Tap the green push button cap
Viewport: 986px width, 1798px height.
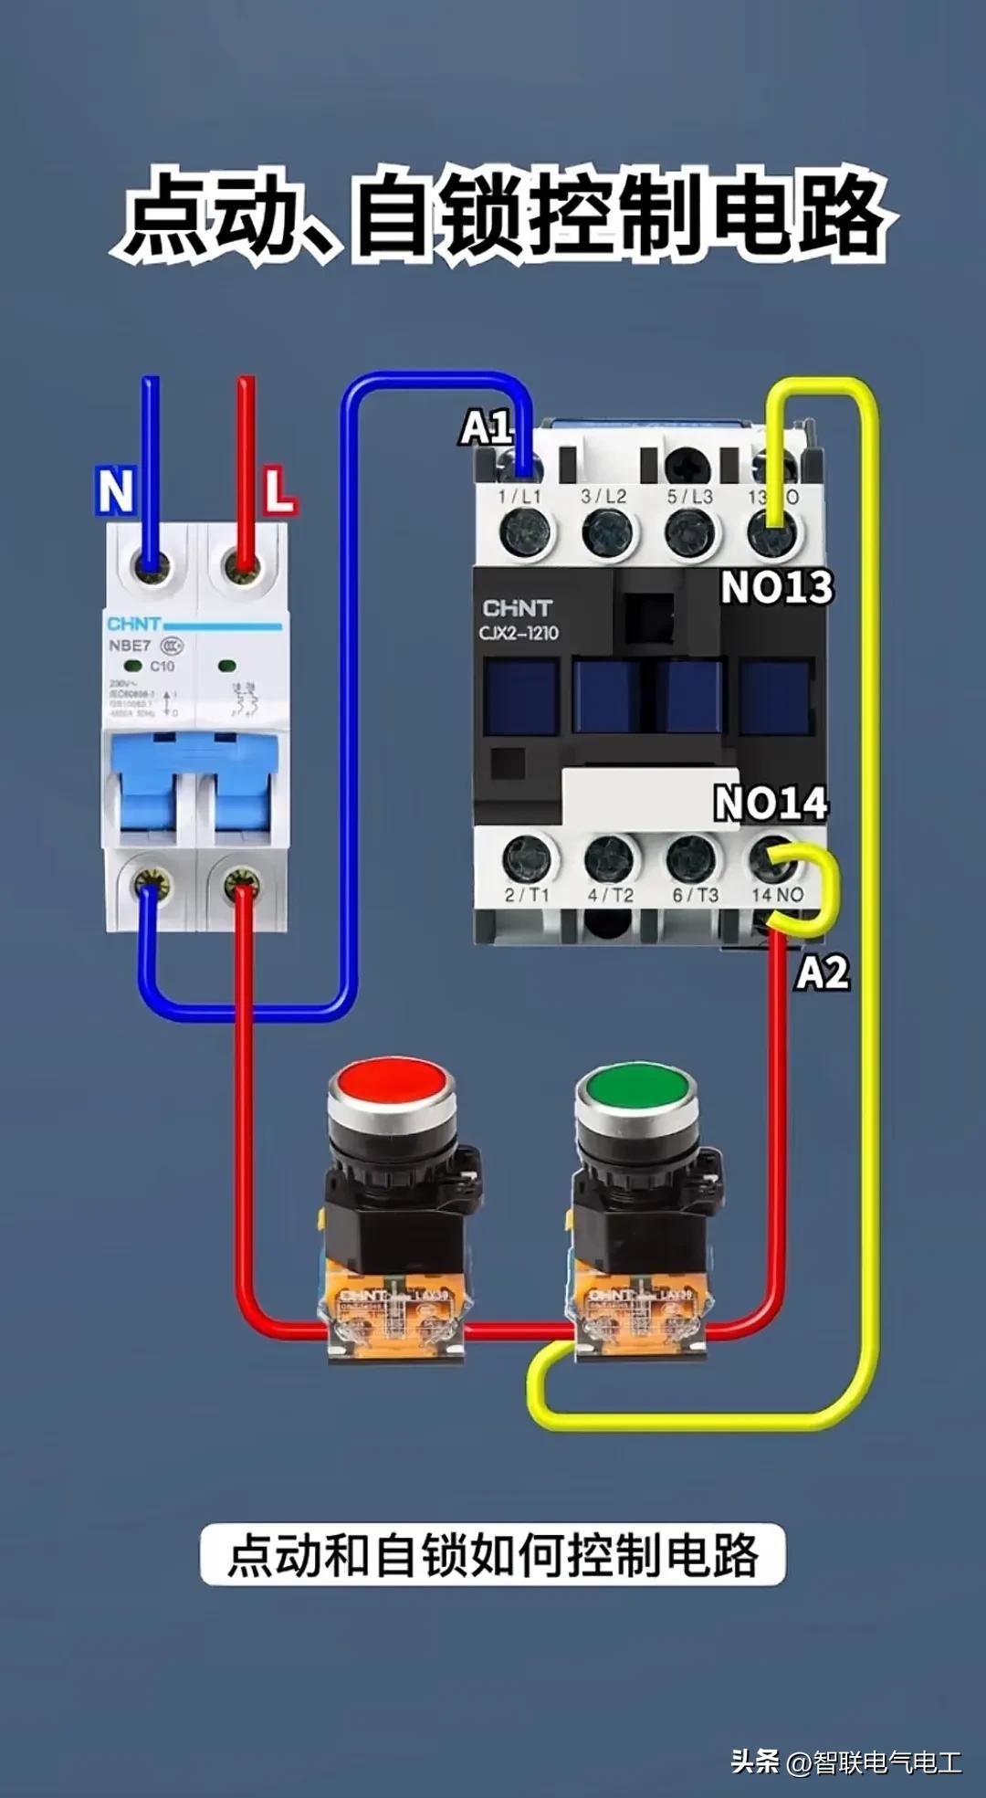[x=636, y=1087]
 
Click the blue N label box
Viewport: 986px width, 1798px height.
[x=115, y=491]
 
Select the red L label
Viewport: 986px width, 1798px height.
[x=279, y=490]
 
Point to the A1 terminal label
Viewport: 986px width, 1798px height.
[x=485, y=427]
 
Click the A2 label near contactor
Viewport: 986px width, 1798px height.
[x=823, y=973]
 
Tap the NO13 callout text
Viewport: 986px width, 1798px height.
[x=777, y=587]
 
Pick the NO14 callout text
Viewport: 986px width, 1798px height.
[x=771, y=804]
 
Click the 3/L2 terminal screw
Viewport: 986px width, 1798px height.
[x=607, y=532]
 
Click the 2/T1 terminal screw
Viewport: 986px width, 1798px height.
[x=528, y=858]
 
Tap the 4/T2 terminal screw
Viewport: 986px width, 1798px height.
[x=609, y=858]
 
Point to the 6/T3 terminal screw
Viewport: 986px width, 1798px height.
[x=691, y=858]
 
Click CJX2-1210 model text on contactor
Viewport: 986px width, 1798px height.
[x=519, y=633]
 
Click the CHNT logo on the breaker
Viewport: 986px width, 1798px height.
[x=133, y=625]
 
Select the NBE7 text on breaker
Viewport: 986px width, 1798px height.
[x=130, y=646]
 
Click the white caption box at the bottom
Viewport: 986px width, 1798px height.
[x=493, y=1554]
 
